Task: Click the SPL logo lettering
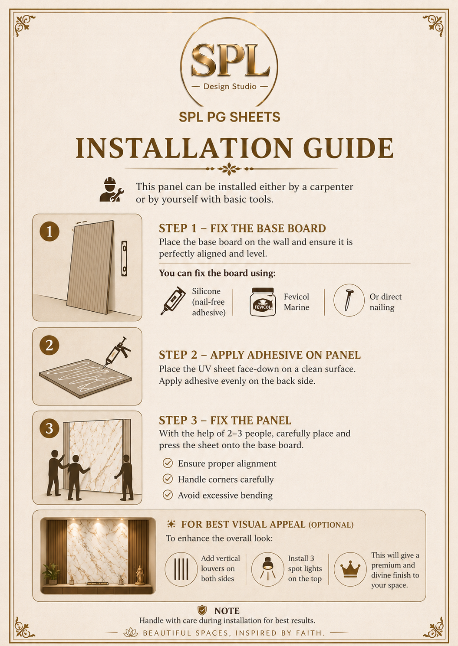click(x=230, y=60)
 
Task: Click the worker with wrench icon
click(x=111, y=190)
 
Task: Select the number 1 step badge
click(x=49, y=231)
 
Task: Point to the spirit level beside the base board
click(x=124, y=259)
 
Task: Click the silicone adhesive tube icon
click(x=173, y=300)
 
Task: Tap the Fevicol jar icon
click(x=263, y=302)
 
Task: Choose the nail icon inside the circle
click(x=349, y=300)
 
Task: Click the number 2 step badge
click(x=49, y=345)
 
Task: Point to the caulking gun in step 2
click(x=117, y=352)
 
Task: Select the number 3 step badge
click(x=49, y=428)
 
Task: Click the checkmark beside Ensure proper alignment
click(x=168, y=463)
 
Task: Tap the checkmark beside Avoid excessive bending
click(x=168, y=495)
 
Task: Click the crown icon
click(x=350, y=569)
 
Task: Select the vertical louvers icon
click(x=181, y=569)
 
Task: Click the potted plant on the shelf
click(x=52, y=574)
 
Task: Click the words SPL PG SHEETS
click(x=230, y=117)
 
